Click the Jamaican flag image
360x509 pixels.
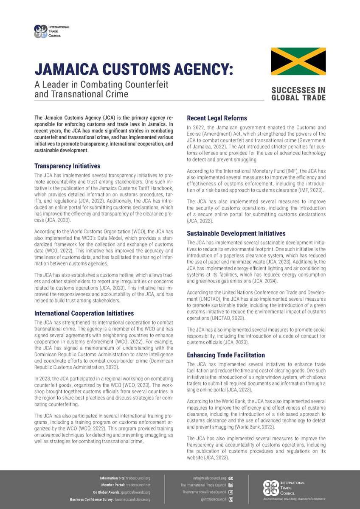click(298, 62)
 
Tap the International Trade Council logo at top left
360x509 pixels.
click(41, 31)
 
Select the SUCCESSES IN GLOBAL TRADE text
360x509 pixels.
click(298, 94)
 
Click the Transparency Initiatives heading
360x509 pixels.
click(67, 166)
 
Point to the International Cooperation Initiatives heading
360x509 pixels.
click(84, 313)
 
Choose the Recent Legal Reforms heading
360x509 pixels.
click(217, 118)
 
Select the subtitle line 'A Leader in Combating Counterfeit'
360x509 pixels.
click(101, 84)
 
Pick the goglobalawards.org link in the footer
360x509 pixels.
click(136, 492)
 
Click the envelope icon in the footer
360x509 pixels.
click(231, 478)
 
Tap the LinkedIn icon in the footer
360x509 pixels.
click(231, 485)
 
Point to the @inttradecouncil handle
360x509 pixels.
click(213, 499)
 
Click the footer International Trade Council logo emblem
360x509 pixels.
click(271, 488)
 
